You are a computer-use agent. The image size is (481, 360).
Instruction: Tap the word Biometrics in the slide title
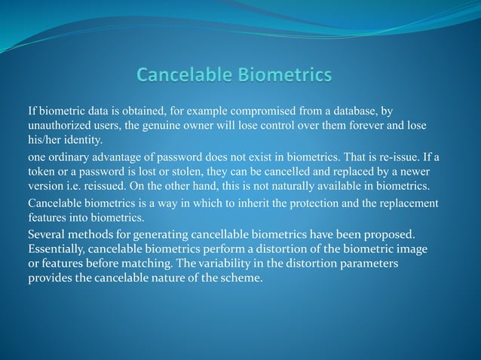[x=284, y=75]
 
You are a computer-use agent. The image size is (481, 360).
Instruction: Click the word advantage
[x=119, y=157]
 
